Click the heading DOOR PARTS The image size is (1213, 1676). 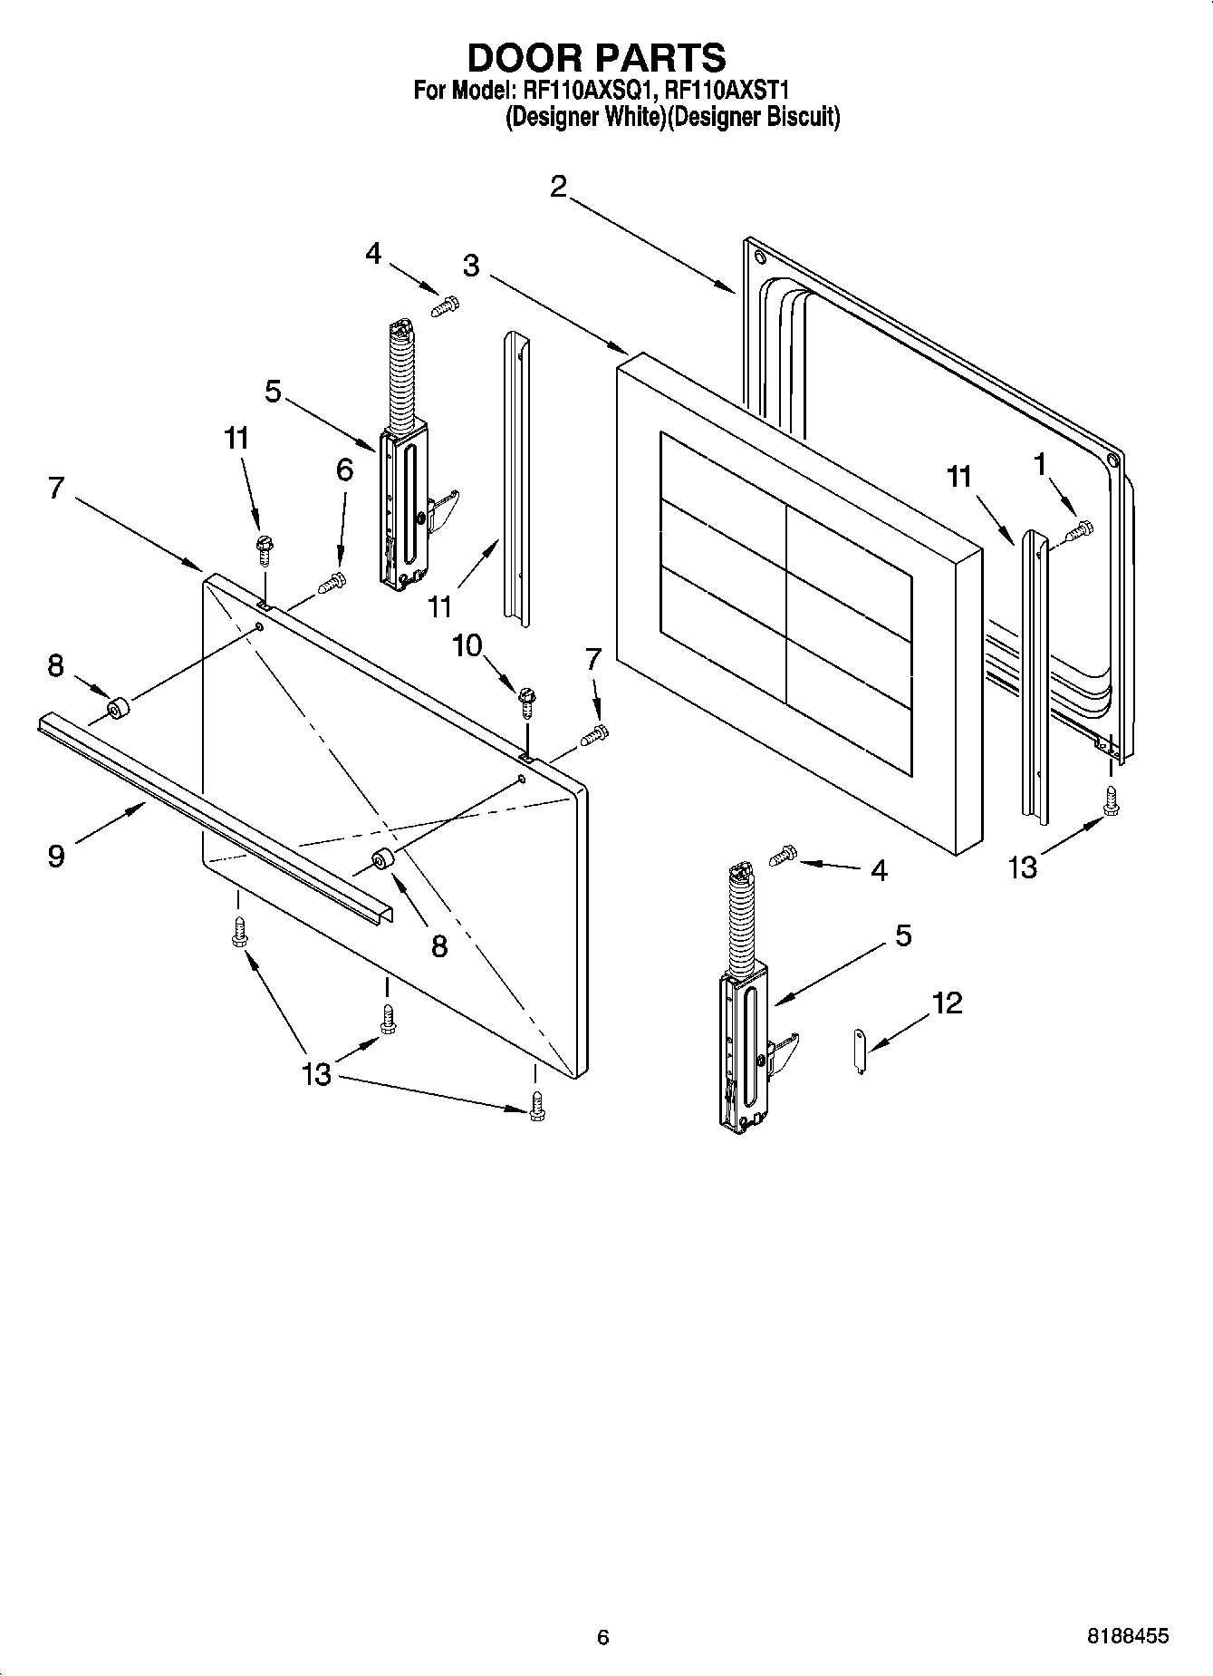[x=596, y=58]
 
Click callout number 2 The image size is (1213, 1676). [x=558, y=187]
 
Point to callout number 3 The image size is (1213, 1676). [x=471, y=266]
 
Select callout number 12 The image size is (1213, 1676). [x=948, y=1003]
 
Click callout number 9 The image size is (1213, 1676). [x=56, y=855]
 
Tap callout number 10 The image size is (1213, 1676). [x=468, y=645]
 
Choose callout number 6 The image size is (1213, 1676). [x=344, y=470]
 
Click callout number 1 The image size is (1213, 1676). [x=1040, y=464]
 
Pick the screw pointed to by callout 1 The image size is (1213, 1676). [x=1079, y=530]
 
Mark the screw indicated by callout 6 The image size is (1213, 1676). [x=332, y=583]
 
